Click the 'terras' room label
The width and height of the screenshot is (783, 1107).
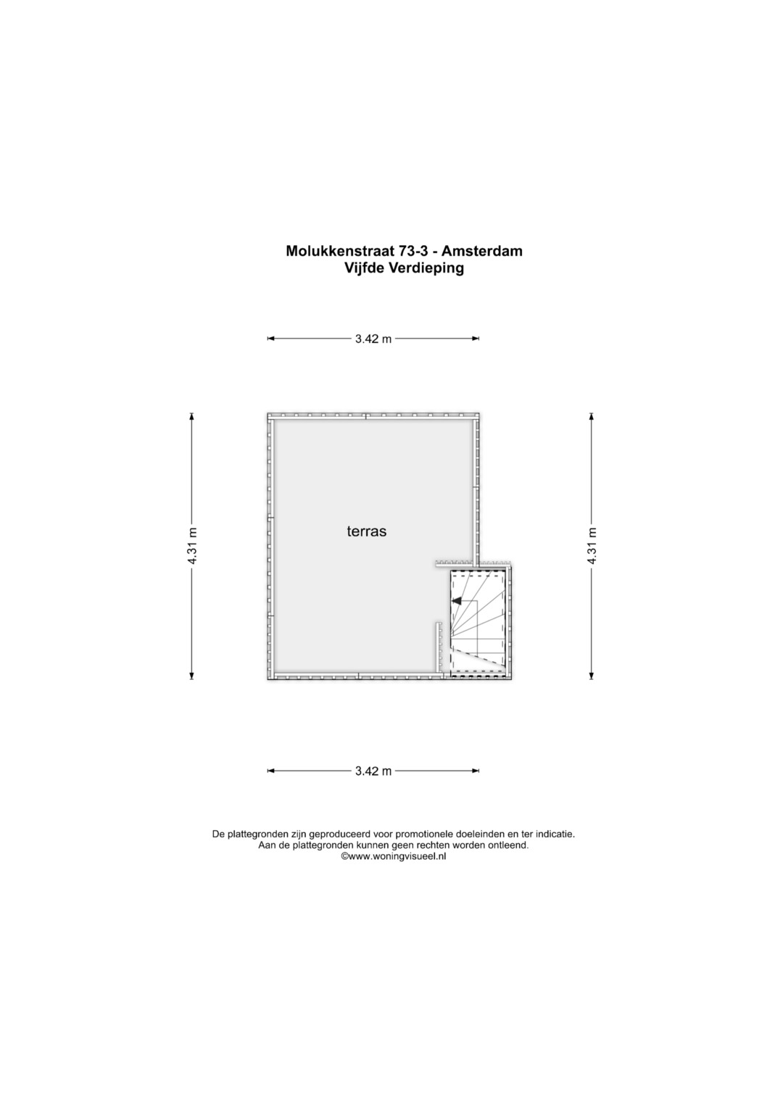[366, 532]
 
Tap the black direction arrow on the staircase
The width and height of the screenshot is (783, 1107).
[456, 600]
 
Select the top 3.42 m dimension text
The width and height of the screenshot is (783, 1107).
[373, 339]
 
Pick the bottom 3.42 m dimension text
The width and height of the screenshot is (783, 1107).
[373, 771]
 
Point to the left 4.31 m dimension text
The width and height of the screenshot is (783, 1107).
[192, 546]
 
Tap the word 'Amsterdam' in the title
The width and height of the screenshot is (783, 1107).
[482, 251]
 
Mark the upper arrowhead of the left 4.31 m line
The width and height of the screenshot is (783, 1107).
[192, 416]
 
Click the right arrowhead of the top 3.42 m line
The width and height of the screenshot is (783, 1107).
[476, 339]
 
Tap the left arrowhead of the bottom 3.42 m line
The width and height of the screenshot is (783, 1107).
[271, 771]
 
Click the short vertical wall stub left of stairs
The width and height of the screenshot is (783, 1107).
[439, 647]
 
